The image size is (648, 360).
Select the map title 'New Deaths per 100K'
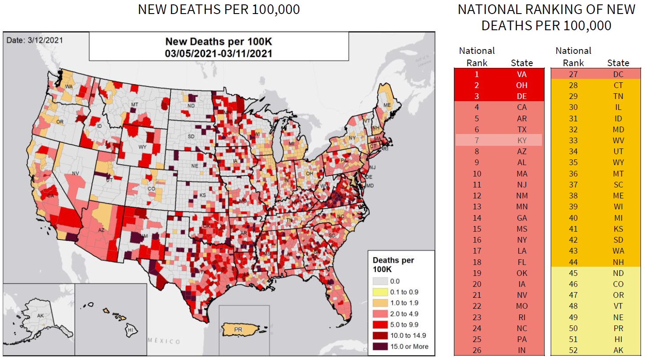(x=219, y=42)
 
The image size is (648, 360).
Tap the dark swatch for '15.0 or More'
(x=380, y=346)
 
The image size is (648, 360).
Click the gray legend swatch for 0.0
(x=380, y=281)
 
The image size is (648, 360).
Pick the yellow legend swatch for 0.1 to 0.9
(x=380, y=292)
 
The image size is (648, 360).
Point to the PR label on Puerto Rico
(x=238, y=329)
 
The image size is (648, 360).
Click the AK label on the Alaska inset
(x=40, y=316)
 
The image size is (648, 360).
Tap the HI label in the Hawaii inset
(x=130, y=330)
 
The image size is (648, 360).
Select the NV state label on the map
(x=75, y=173)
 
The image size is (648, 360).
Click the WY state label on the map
(x=142, y=147)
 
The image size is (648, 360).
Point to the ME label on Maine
(x=387, y=105)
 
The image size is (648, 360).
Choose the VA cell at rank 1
(x=521, y=74)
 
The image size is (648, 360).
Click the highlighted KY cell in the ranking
(x=521, y=141)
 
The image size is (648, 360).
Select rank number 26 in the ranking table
(x=477, y=350)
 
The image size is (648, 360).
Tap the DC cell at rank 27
(x=618, y=74)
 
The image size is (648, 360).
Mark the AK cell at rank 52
(x=618, y=350)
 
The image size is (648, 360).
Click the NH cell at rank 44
(x=618, y=262)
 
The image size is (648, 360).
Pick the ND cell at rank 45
(x=618, y=273)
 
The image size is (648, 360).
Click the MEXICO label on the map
(x=163, y=341)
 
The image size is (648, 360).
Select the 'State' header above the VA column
(x=521, y=63)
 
